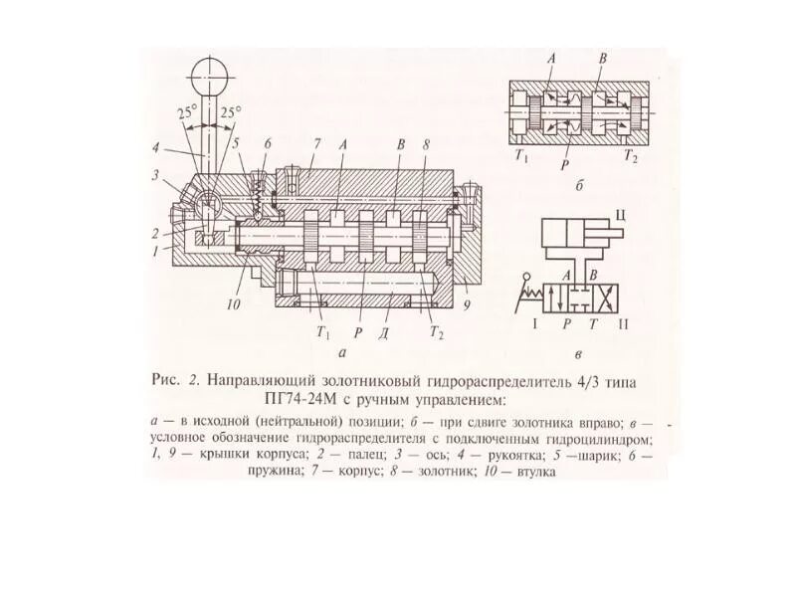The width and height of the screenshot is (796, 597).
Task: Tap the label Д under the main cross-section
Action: tap(383, 331)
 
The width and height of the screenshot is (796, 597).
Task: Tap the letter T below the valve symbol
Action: tap(592, 324)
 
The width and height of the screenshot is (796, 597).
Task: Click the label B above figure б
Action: tap(603, 60)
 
